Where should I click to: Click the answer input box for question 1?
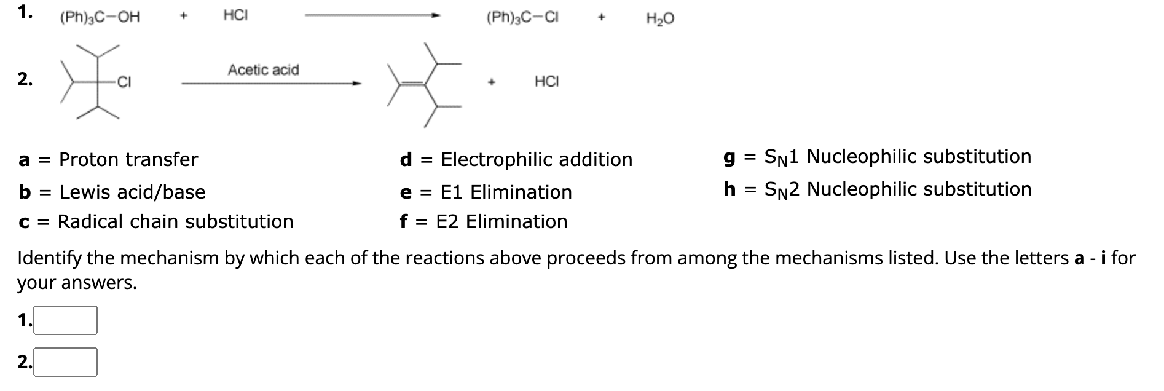pos(65,320)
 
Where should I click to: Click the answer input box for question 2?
pos(65,362)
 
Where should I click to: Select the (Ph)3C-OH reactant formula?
pos(100,17)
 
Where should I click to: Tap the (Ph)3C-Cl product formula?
pos(522,18)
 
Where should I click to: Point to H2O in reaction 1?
pos(660,19)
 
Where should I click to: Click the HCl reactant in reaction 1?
pos(235,16)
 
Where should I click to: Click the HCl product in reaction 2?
pos(546,82)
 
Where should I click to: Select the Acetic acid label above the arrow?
pos(263,70)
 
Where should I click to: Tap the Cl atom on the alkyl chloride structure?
pos(124,82)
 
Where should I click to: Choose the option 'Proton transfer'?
pos(128,160)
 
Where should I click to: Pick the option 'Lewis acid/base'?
pos(132,192)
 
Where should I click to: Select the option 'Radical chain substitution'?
pos(175,222)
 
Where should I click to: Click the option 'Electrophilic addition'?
pos(537,160)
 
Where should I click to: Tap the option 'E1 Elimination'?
pos(506,192)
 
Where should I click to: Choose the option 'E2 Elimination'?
pos(501,222)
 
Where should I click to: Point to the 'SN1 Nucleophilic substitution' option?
pos(897,157)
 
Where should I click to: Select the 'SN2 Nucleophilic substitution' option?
pos(897,189)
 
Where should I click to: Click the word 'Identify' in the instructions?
pos(50,258)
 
